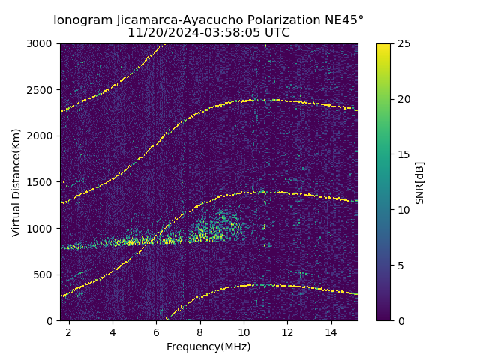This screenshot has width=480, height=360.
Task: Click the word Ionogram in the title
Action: [82, 19]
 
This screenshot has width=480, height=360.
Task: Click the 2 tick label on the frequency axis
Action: [68, 331]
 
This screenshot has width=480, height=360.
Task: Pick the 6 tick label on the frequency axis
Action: [156, 331]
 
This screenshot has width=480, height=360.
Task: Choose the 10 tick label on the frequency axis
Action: [244, 331]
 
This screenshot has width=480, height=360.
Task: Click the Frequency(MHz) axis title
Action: [208, 346]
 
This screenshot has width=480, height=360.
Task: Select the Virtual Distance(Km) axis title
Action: [16, 182]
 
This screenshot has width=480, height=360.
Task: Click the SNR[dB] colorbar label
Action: [420, 182]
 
